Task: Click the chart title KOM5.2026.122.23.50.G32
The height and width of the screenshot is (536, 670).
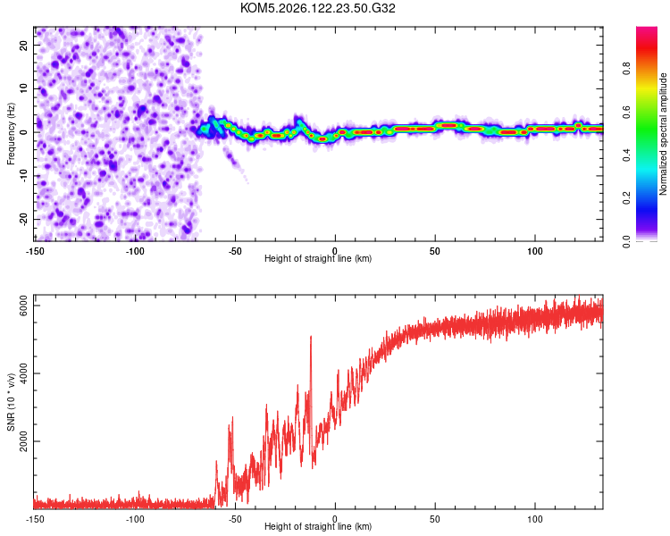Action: click(317, 8)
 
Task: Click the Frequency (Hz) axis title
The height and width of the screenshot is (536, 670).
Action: click(11, 134)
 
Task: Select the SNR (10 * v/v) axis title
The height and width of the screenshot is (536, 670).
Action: click(11, 402)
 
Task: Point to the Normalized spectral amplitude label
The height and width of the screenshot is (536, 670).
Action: click(663, 134)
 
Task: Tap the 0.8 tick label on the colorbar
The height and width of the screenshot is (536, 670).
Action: click(626, 69)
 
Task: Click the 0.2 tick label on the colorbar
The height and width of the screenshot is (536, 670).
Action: click(626, 198)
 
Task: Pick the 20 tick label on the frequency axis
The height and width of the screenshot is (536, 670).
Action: click(23, 45)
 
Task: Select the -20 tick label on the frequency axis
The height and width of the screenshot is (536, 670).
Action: click(23, 219)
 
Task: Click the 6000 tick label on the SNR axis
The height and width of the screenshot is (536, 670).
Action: click(23, 306)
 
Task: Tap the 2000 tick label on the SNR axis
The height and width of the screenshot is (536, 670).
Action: click(23, 441)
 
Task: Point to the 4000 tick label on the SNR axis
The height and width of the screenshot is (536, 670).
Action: click(23, 373)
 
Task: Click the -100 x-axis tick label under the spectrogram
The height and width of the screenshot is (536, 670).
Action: click(135, 251)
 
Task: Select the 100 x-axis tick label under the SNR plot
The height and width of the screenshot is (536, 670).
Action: click(534, 519)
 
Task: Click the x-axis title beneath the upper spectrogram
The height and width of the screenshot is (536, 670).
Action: click(318, 258)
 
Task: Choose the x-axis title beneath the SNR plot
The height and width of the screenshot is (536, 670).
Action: click(318, 526)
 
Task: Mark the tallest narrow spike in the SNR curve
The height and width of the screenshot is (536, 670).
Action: click(311, 338)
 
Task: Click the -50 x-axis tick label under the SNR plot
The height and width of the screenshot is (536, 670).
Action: click(235, 519)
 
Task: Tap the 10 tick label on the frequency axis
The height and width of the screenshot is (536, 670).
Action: click(23, 88)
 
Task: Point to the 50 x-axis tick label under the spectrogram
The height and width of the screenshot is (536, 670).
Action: click(434, 251)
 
